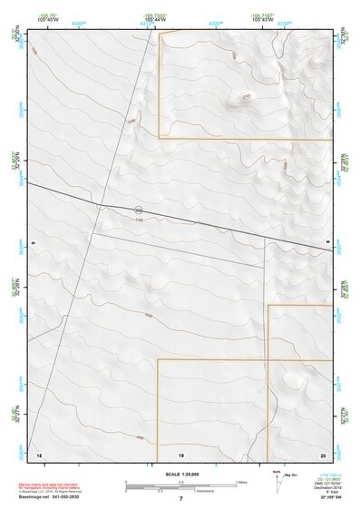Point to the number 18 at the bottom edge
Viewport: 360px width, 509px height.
tap(38, 453)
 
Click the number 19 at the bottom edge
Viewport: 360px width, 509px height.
tap(181, 453)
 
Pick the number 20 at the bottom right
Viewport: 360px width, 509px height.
tap(323, 453)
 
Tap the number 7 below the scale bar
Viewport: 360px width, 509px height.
tap(181, 498)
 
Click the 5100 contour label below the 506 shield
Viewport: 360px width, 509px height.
tap(139, 220)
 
